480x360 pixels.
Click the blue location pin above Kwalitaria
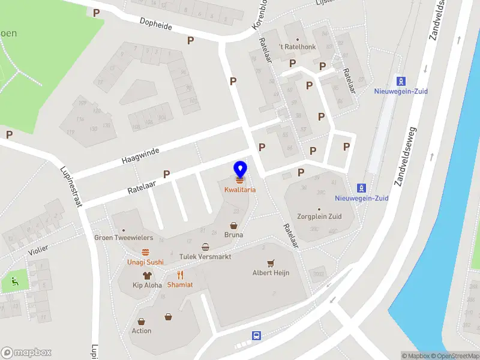[240, 169]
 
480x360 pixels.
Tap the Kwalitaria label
[240, 190]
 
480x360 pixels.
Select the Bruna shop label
[233, 235]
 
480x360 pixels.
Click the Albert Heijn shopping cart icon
[271, 263]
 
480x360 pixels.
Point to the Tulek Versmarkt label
[206, 257]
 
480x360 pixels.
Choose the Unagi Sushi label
[145, 262]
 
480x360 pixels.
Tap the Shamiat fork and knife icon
[180, 275]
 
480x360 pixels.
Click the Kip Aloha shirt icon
[147, 275]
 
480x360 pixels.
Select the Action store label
[142, 331]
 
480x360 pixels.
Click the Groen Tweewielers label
[124, 238]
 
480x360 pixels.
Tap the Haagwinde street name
[140, 156]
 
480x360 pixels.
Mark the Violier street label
[38, 250]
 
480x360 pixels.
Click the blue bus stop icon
[256, 335]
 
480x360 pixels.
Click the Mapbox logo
[26, 353]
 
